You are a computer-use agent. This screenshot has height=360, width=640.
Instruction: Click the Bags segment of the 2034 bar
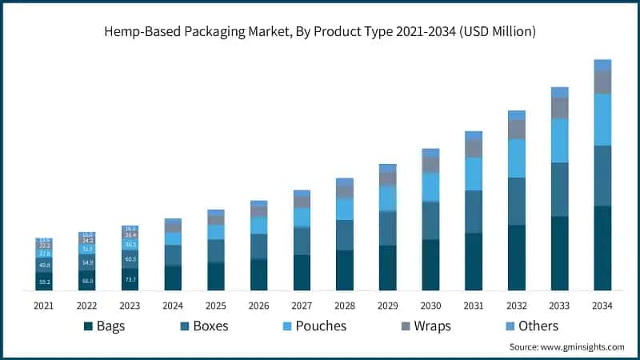[x=602, y=248]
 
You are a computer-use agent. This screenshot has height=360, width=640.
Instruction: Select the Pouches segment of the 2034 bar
[x=602, y=119]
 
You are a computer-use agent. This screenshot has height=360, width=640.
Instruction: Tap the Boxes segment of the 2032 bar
[x=517, y=201]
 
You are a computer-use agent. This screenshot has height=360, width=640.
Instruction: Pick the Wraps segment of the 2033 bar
[x=560, y=108]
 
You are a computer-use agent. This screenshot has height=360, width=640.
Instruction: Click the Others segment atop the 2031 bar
[x=474, y=136]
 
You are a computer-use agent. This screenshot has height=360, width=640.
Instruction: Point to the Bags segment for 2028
[x=345, y=270]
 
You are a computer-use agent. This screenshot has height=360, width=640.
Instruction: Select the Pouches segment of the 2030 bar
[x=430, y=186]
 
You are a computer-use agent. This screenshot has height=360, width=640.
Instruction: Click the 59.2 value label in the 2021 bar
[x=43, y=282]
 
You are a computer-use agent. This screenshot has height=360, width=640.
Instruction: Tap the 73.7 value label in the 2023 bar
[x=130, y=279]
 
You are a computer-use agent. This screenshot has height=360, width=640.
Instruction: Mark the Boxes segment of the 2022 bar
[x=86, y=262]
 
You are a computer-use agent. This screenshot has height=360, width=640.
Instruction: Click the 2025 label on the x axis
[x=215, y=306]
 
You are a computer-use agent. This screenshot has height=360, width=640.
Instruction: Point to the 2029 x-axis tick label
[x=387, y=306]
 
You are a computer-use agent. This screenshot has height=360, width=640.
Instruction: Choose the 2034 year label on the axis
[x=602, y=306]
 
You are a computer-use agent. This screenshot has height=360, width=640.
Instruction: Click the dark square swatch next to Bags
[x=87, y=326]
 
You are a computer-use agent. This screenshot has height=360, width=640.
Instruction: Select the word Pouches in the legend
[x=320, y=326]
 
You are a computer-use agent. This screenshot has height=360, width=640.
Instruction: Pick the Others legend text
[x=537, y=326]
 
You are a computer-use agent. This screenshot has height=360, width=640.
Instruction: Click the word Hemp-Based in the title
[x=143, y=31]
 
